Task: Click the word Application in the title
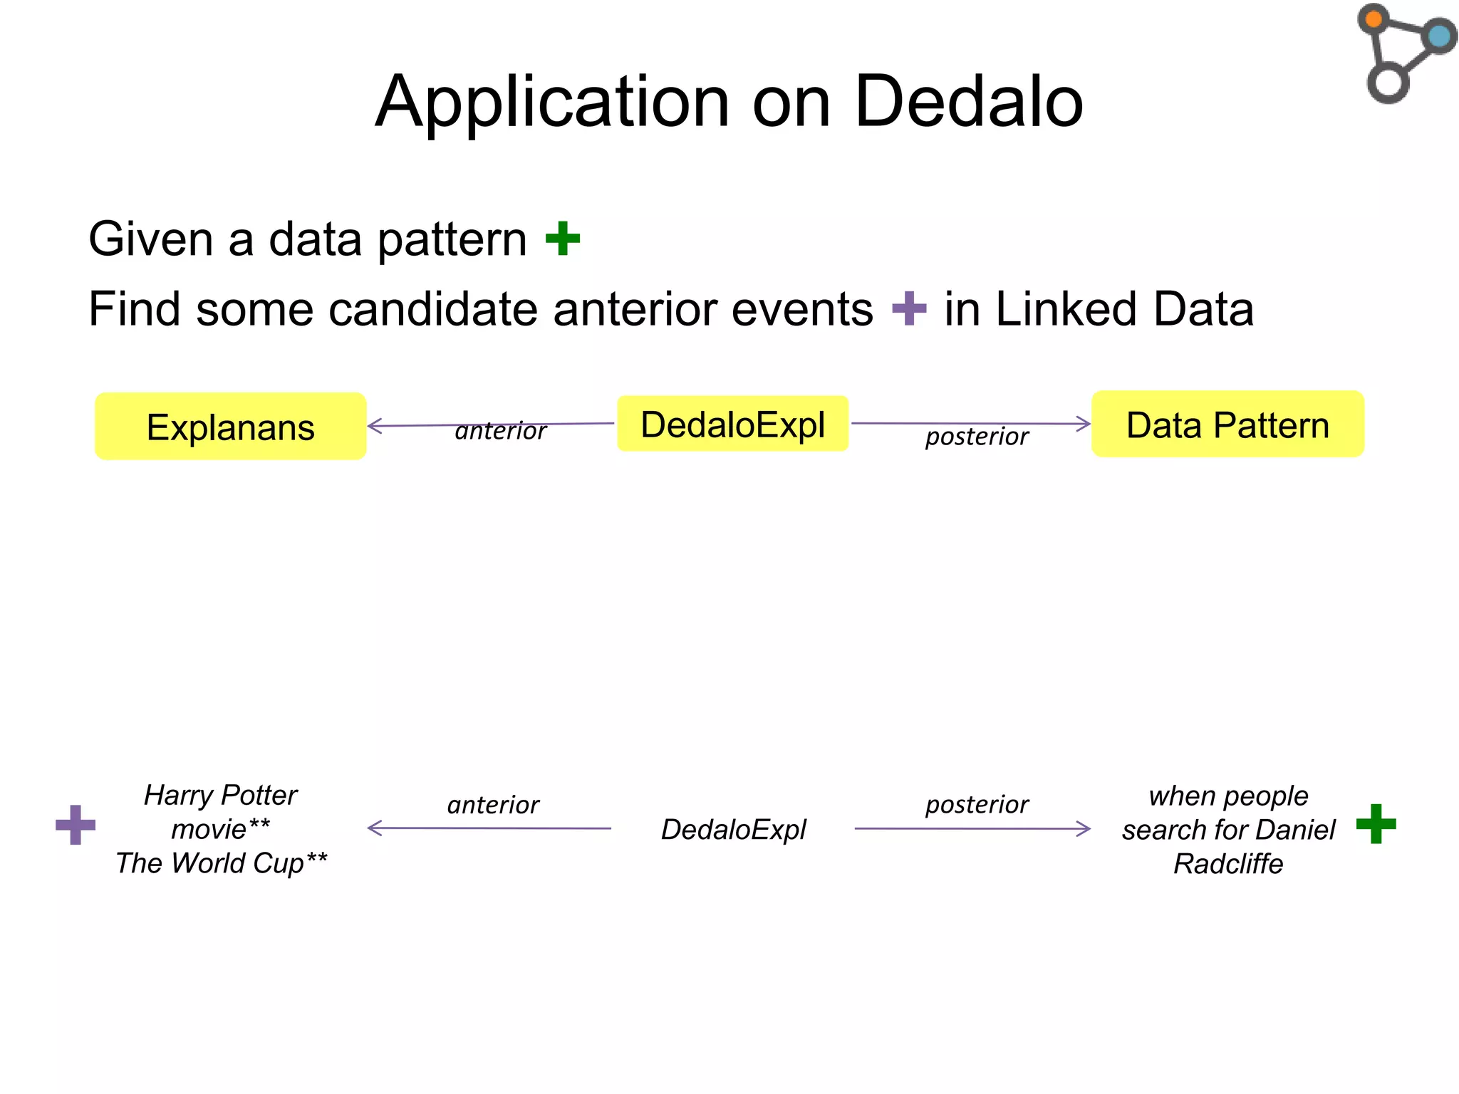[552, 103]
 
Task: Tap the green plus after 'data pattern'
[563, 239]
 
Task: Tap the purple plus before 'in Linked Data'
[909, 308]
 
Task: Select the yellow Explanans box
[230, 427]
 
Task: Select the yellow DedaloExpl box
[732, 424]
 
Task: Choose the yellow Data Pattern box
[1227, 424]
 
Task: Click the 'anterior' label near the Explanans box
[500, 431]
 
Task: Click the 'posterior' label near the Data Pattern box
[977, 436]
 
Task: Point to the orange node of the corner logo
[1374, 19]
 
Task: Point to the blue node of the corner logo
[1439, 36]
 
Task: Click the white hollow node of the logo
[1387, 83]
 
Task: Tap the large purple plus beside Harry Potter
[76, 825]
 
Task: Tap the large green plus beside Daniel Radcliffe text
[1376, 824]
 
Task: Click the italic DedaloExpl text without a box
[733, 830]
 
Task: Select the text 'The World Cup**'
[221, 863]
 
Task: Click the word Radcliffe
[1227, 864]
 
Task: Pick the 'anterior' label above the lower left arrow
[493, 805]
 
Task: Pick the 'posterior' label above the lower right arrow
[977, 804]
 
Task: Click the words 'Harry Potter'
[221, 795]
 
